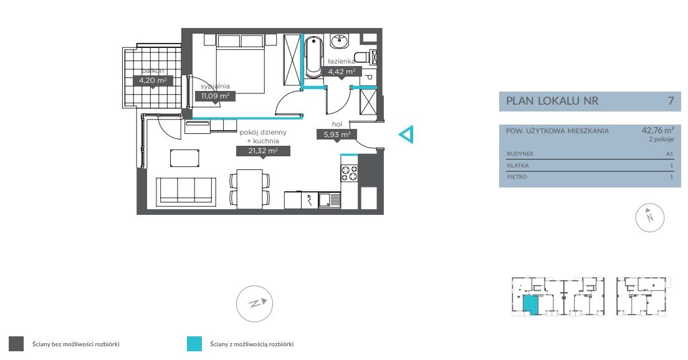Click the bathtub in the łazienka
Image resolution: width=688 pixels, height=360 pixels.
pyautogui.click(x=313, y=57)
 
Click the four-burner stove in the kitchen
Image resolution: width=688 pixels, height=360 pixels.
pyautogui.click(x=350, y=173)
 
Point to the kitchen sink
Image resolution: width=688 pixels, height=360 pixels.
pyautogui.click(x=329, y=201)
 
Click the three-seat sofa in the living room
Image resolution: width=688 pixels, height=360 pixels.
pyautogui.click(x=186, y=191)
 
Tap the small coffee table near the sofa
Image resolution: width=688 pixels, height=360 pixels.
pyautogui.click(x=184, y=158)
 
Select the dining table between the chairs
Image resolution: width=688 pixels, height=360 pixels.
pyautogui.click(x=250, y=189)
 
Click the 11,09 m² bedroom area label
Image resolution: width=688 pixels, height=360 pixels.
pyautogui.click(x=215, y=95)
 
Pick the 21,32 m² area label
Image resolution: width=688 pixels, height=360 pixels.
pyautogui.click(x=263, y=151)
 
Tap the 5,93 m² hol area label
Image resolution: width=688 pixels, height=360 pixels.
pyautogui.click(x=337, y=135)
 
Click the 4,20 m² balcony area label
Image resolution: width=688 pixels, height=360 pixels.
pyautogui.click(x=153, y=81)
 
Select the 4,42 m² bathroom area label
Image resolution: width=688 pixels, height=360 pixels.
pyautogui.click(x=342, y=72)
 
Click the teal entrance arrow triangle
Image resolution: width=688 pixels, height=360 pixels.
pyautogui.click(x=406, y=135)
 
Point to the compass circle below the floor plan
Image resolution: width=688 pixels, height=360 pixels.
pyautogui.click(x=254, y=303)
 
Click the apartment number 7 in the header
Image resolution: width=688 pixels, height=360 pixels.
pyautogui.click(x=671, y=101)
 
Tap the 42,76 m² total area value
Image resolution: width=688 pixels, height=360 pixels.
pyautogui.click(x=657, y=130)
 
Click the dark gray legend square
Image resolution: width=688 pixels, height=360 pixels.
pyautogui.click(x=16, y=344)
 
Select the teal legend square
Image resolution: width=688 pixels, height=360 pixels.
pyautogui.click(x=194, y=344)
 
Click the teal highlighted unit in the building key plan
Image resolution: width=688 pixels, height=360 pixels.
pyautogui.click(x=530, y=305)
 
